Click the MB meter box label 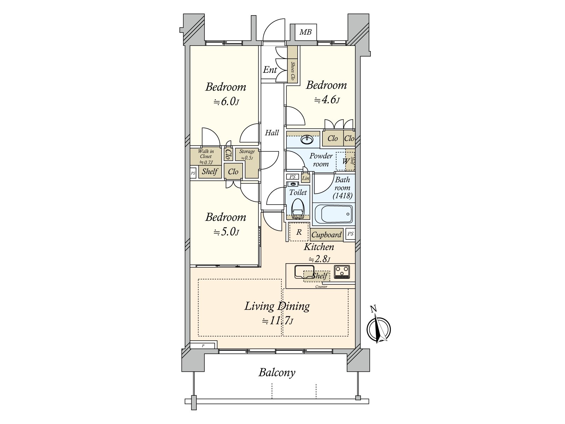click(x=305, y=33)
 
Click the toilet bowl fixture click(x=297, y=208)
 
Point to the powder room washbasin click(x=307, y=140)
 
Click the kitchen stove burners click(x=342, y=271)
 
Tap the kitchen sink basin click(x=304, y=271)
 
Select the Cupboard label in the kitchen click(x=327, y=235)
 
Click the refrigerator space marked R click(x=299, y=232)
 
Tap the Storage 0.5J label click(x=247, y=154)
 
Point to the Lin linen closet click(x=305, y=178)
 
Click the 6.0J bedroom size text click(x=226, y=102)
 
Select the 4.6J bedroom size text click(x=327, y=100)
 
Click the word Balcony click(x=277, y=372)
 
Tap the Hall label click(x=272, y=133)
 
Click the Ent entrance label click(x=270, y=70)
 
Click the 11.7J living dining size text click(x=277, y=321)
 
